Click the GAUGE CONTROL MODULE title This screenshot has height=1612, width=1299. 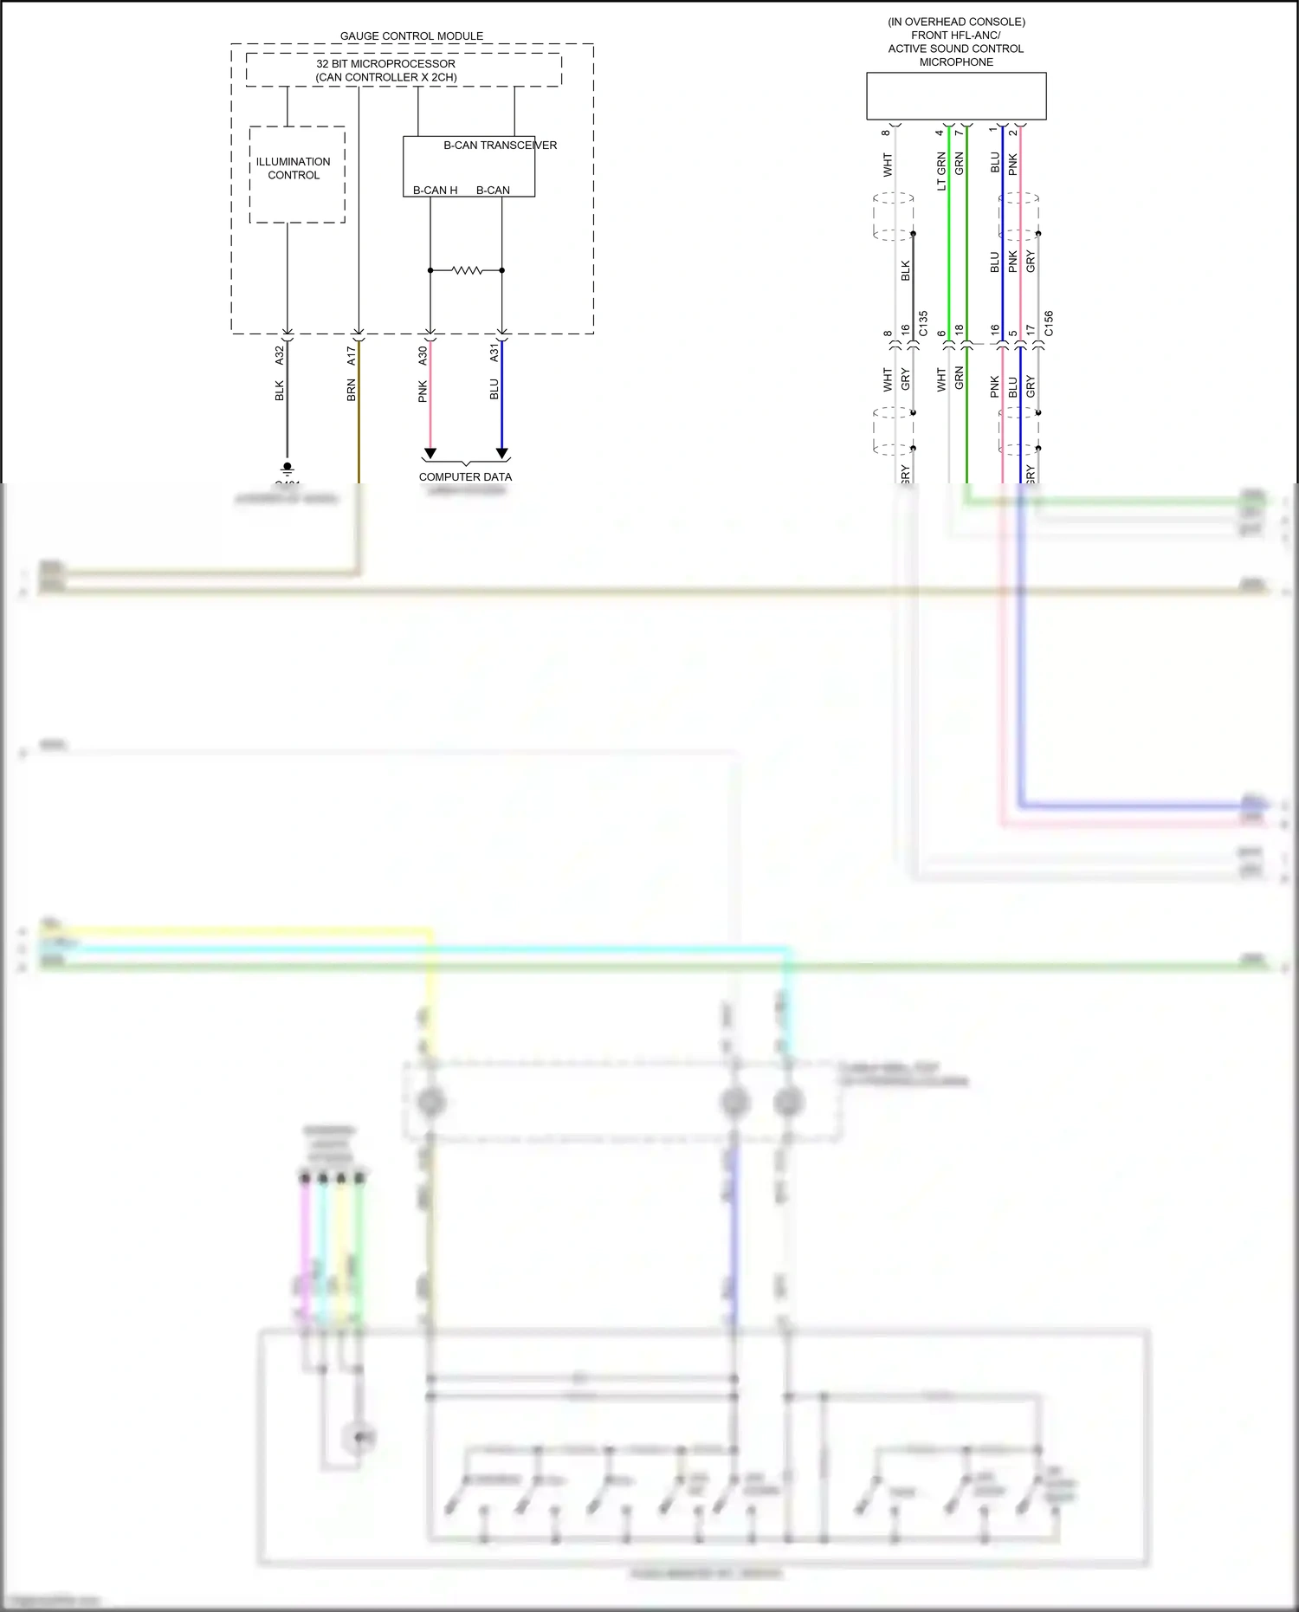(x=411, y=36)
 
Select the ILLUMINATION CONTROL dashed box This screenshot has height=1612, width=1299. (x=297, y=174)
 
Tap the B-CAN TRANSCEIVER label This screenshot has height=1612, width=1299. (x=500, y=146)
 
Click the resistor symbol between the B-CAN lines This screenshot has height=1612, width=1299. (x=467, y=270)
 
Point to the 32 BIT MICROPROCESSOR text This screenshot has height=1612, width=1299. (x=385, y=63)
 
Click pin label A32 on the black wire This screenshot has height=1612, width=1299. (x=280, y=354)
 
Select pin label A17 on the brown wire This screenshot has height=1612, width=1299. (x=352, y=354)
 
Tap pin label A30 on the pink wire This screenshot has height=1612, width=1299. (x=423, y=354)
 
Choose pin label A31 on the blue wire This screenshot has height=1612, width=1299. (x=494, y=353)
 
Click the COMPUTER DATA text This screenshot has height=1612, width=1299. (x=465, y=477)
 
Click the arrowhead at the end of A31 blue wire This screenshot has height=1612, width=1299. (x=501, y=453)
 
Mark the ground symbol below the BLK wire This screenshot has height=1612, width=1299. (x=288, y=469)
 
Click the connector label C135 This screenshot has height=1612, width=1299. (x=923, y=323)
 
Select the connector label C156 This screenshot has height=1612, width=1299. (x=1049, y=323)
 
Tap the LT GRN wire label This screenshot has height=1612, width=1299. (x=941, y=171)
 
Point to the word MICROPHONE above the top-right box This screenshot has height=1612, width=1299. (x=956, y=62)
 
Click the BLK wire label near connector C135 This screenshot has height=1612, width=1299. (x=906, y=270)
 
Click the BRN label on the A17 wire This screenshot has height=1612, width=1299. (x=352, y=390)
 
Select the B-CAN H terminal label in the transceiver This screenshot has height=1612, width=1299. (x=435, y=191)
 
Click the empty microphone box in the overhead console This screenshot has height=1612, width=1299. (x=956, y=96)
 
